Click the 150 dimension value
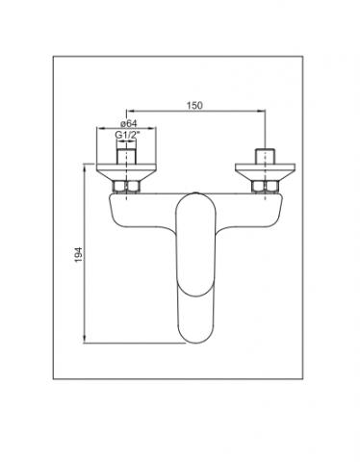194,105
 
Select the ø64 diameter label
129,123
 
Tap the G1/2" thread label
128,135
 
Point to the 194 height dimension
79,254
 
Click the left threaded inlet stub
127,156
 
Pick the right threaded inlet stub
265,156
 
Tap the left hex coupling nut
126,187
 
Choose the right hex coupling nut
265,187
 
